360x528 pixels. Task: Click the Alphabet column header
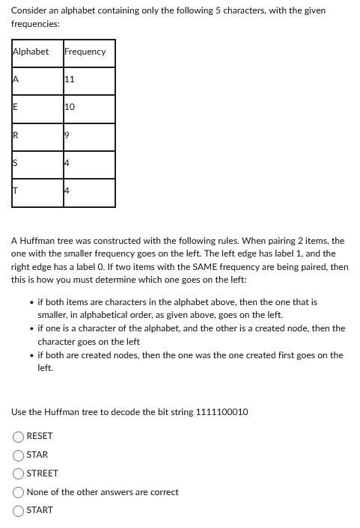point(31,52)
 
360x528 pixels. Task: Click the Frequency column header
point(85,52)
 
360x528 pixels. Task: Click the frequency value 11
point(70,79)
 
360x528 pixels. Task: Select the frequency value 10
point(70,108)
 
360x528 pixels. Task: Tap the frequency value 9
point(68,136)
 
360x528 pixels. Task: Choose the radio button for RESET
point(17,436)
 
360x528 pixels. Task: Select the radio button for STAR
point(17,455)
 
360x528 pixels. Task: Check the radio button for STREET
point(17,473)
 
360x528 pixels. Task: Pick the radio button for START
point(17,511)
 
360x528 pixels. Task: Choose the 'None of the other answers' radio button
point(17,492)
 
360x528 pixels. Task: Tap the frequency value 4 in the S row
point(68,164)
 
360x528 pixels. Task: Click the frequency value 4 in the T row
point(68,192)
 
